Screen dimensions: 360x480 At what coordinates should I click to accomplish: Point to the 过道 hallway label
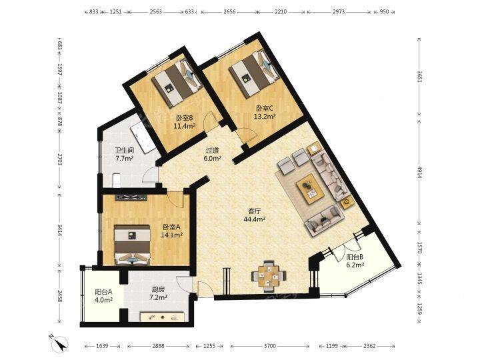[213, 151]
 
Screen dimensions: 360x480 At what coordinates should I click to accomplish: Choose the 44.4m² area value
[255, 219]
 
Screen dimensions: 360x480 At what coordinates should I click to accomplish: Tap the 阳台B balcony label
[355, 257]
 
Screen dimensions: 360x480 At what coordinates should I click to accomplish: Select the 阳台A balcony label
[103, 291]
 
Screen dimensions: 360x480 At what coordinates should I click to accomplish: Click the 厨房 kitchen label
[158, 289]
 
